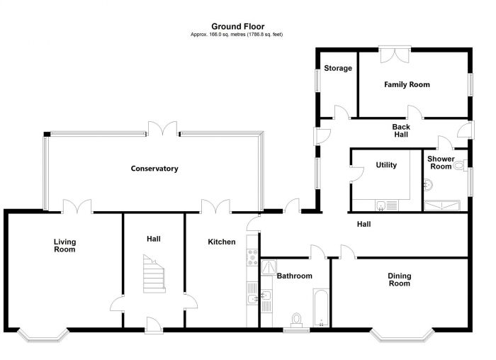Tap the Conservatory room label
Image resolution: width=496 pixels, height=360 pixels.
(154, 169)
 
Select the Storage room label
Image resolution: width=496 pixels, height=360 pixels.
(338, 69)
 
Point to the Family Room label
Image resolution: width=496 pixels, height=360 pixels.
(407, 84)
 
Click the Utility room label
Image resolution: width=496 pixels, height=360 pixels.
(386, 165)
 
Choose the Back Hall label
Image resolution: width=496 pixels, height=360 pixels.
(401, 130)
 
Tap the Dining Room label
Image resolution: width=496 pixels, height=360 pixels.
(399, 279)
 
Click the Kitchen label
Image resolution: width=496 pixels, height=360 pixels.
(221, 242)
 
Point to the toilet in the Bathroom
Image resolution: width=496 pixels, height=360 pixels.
(296, 319)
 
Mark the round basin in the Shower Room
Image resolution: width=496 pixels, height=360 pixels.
(427, 185)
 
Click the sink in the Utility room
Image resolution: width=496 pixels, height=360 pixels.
(382, 206)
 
